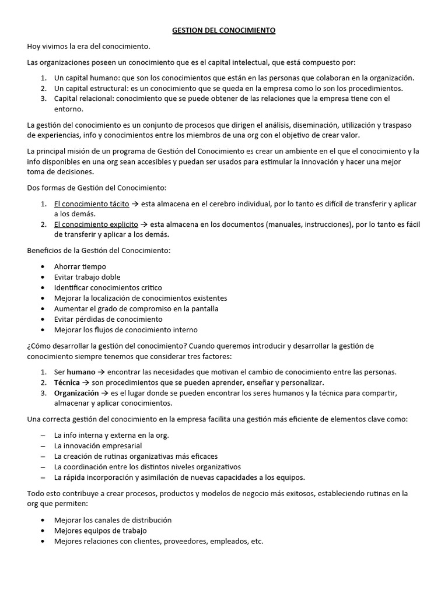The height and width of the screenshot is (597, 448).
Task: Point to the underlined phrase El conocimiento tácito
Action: tap(83, 204)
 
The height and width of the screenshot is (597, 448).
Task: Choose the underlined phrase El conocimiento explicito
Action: tap(96, 224)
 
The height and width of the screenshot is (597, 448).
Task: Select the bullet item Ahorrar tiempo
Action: tap(80, 266)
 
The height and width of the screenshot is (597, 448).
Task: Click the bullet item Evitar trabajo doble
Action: tap(87, 277)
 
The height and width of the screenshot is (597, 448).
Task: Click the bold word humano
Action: tap(81, 372)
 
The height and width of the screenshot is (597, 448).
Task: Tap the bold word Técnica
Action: tap(67, 382)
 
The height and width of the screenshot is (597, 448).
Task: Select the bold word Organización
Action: tap(76, 393)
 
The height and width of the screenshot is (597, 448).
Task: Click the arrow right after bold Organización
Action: tap(106, 393)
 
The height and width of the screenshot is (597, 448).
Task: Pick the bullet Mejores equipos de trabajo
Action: tap(100, 531)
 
